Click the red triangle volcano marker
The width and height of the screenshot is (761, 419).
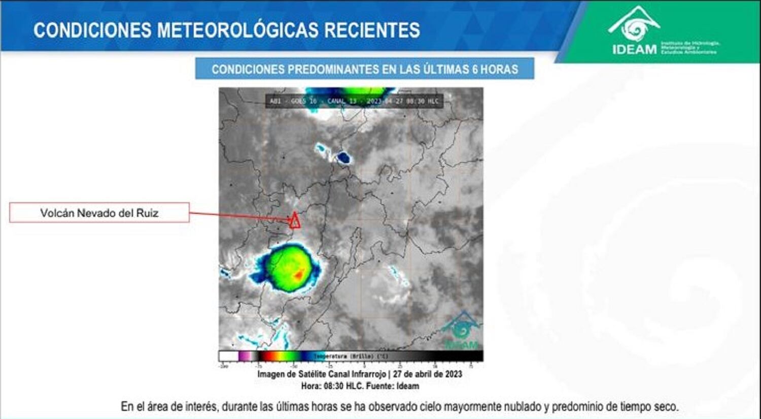[294, 220]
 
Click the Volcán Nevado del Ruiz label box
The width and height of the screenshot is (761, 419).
[99, 213]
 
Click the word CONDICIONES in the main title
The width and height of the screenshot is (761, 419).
[92, 30]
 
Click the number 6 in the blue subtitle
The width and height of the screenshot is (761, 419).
[475, 69]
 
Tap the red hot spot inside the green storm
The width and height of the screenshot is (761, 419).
[299, 275]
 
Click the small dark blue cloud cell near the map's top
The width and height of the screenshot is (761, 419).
[343, 157]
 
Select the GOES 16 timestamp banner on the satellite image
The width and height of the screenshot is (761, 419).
[354, 101]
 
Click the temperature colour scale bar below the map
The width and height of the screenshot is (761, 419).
[351, 356]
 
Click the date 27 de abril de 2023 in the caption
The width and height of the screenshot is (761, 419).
[427, 374]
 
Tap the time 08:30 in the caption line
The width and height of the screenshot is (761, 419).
[334, 386]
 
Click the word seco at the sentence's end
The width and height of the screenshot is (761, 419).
[666, 407]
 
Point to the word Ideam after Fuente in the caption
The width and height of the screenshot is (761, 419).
[408, 386]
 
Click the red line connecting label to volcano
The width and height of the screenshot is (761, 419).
[238, 216]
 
